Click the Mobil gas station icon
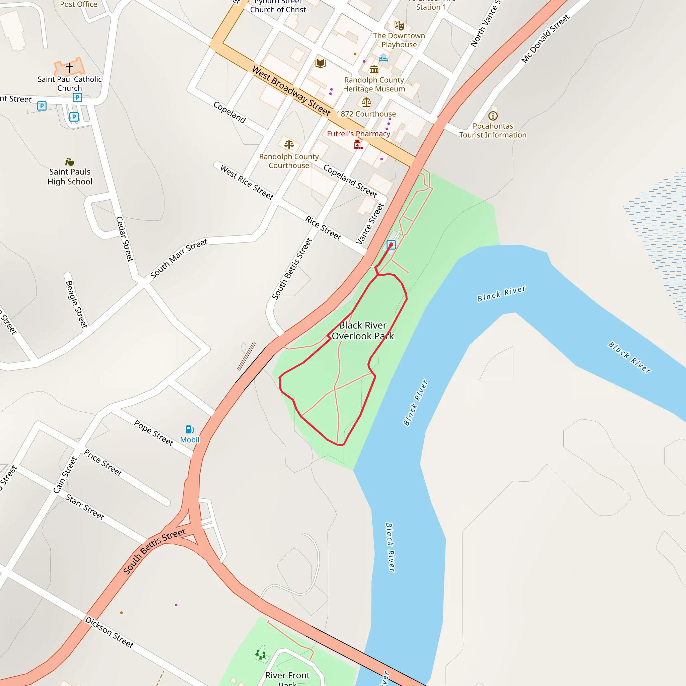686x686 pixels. point(190,429)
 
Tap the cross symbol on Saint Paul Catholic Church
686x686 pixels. point(70,67)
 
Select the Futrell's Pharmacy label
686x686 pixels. point(358,134)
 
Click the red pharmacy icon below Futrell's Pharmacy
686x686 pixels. point(358,144)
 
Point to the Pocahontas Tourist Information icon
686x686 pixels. point(493,116)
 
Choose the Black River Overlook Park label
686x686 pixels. point(362,331)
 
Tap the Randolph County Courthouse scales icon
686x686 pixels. point(289,144)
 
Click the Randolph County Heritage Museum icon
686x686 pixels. point(374,69)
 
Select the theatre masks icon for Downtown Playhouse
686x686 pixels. point(399,25)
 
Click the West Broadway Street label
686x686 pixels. point(291,91)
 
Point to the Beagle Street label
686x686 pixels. point(76,304)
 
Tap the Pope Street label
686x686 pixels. point(154,432)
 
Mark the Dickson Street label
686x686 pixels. point(109,632)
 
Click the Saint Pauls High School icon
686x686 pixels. point(70,162)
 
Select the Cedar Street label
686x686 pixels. point(125,239)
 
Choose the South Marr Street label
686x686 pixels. point(179,258)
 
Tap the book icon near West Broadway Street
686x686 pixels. point(320,63)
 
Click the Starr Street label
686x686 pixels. point(85,507)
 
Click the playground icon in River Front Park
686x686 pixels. point(261,654)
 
